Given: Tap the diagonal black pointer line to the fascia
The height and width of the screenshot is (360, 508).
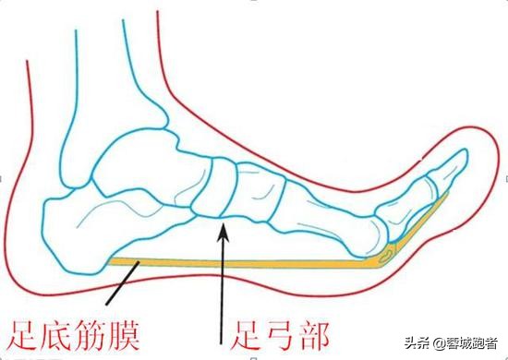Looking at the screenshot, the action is tap(120, 286).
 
